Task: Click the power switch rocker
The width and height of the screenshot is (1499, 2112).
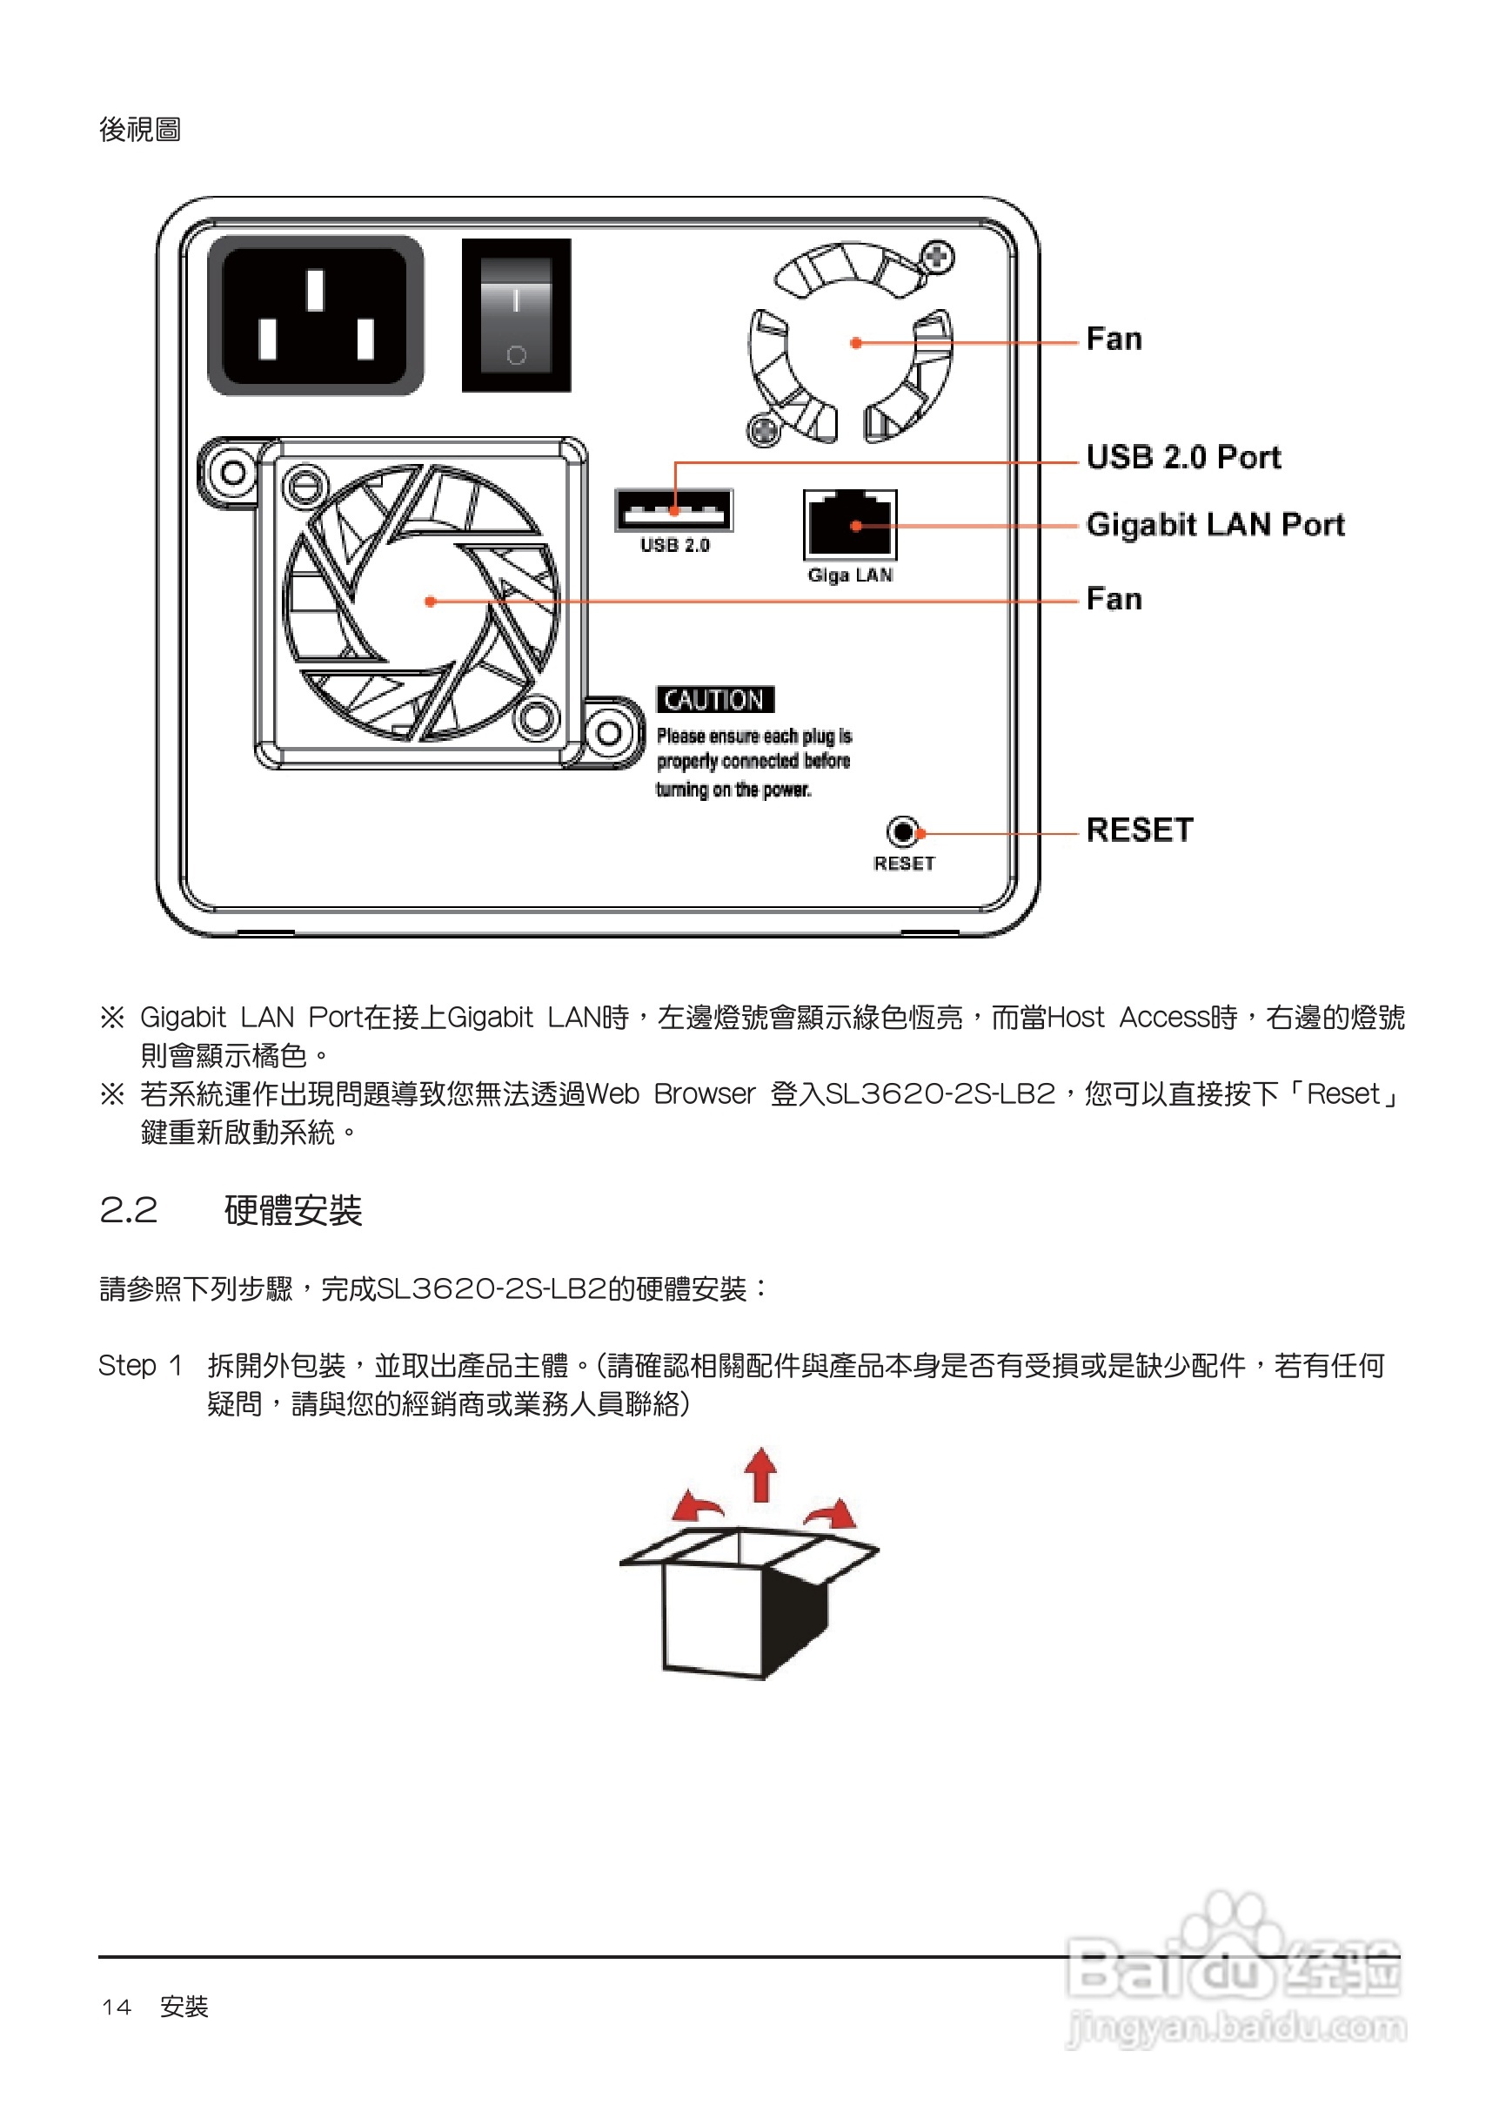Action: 516,316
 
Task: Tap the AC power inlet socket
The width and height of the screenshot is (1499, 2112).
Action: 316,316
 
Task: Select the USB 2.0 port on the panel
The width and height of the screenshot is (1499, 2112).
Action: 674,510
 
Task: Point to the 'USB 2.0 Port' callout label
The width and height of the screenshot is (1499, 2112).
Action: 1183,457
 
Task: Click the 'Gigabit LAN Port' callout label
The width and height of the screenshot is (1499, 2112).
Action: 1215,525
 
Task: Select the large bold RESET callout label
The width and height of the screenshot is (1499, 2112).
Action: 1139,830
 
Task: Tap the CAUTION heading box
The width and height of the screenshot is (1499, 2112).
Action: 714,700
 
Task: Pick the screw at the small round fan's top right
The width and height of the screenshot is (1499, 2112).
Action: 939,256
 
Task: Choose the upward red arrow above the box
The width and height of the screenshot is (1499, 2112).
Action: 760,1475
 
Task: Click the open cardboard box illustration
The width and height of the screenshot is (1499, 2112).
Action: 747,1602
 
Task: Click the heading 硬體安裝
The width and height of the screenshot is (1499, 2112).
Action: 292,1211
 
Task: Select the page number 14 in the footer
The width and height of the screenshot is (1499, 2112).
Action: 117,2007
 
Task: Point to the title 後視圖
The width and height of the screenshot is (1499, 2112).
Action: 139,130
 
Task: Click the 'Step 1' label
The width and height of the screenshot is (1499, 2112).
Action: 139,1365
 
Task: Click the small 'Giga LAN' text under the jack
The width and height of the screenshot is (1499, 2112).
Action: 850,575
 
